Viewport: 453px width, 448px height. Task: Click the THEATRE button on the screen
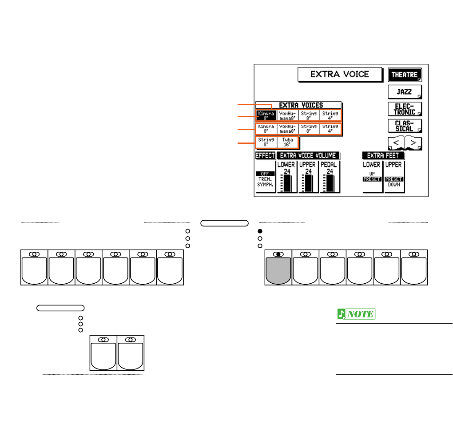tap(404, 75)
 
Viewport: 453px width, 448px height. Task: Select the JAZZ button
tap(404, 92)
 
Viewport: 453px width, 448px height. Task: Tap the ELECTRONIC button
tap(404, 109)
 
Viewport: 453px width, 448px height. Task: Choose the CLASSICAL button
tap(404, 126)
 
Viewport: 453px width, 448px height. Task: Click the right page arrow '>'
tap(413, 143)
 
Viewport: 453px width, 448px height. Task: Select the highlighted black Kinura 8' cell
tap(266, 115)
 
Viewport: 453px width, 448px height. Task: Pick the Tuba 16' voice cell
tap(288, 142)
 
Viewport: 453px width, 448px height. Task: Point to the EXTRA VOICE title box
tap(340, 74)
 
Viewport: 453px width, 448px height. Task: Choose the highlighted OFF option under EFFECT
tap(265, 174)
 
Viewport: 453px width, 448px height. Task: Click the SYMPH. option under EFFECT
tap(265, 184)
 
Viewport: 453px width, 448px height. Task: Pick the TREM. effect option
tap(265, 178)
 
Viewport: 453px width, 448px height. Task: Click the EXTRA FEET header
tap(383, 155)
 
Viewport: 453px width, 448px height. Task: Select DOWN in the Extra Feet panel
tap(394, 184)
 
